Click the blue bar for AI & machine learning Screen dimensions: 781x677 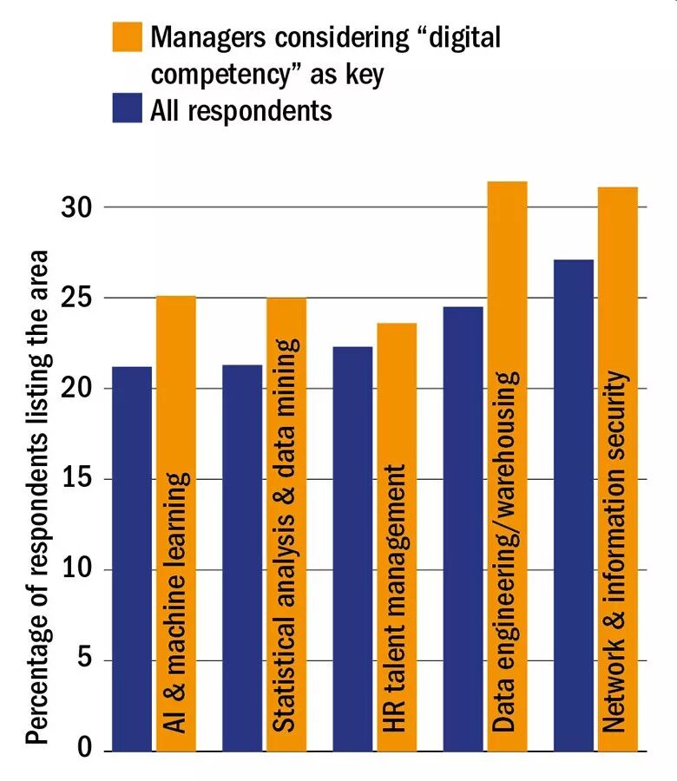pyautogui.click(x=132, y=559)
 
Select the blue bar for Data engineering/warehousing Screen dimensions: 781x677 pyautogui.click(x=463, y=528)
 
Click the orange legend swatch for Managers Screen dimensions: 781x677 pyautogui.click(x=127, y=38)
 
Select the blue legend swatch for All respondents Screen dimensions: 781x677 pyautogui.click(x=127, y=110)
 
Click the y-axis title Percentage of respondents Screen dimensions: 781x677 pyautogui.click(x=36, y=498)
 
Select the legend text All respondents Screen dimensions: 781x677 pyautogui.click(x=241, y=110)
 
